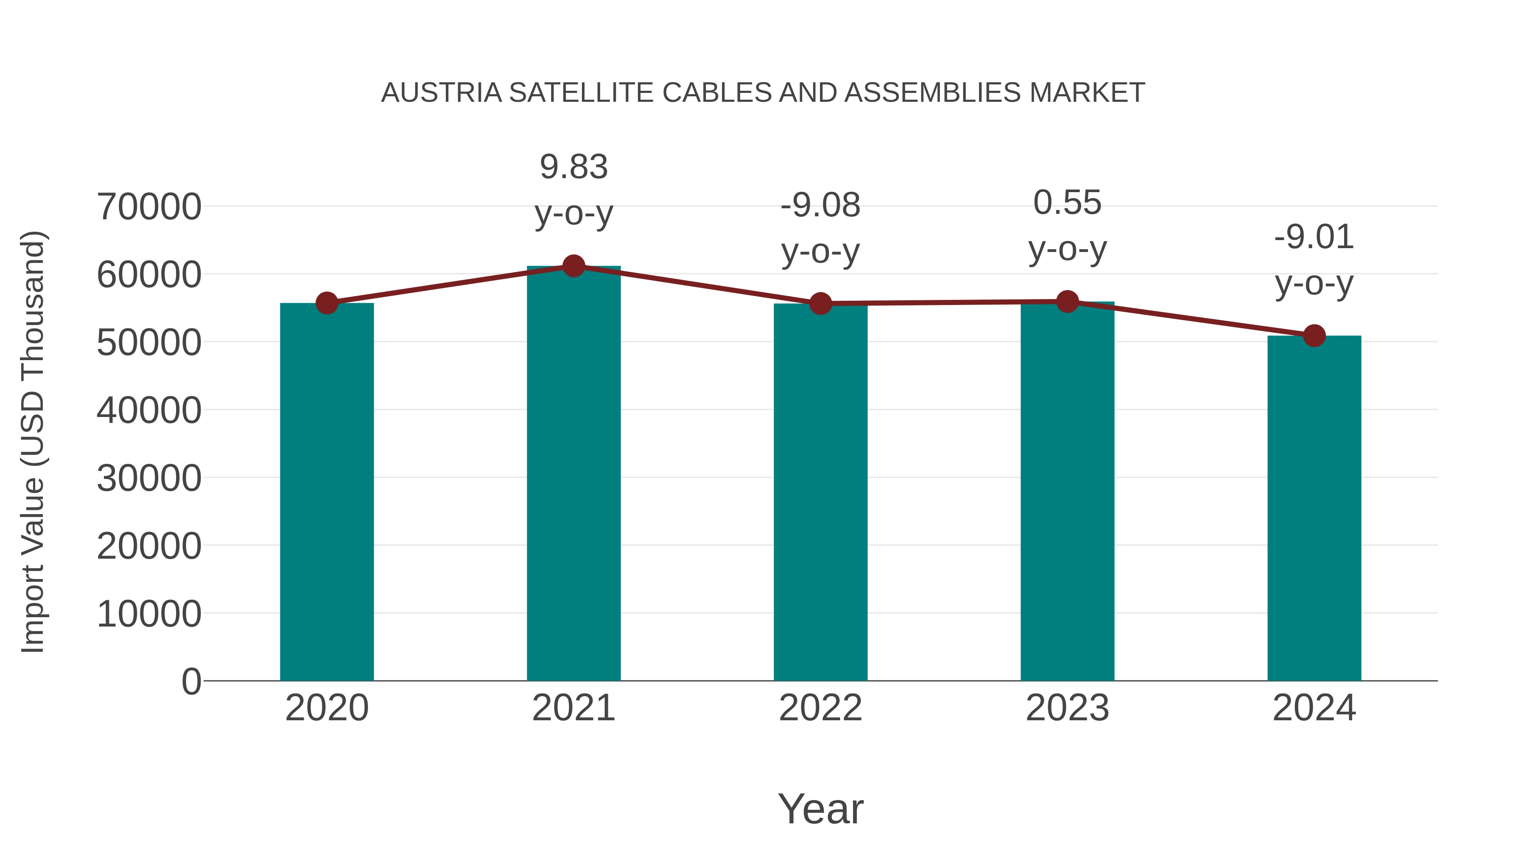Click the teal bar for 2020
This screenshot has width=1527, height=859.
[327, 492]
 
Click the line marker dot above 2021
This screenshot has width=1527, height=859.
[573, 266]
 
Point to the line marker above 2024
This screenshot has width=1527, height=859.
[1314, 336]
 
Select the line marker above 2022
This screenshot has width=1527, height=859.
[820, 304]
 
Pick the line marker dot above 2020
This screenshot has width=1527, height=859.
[327, 303]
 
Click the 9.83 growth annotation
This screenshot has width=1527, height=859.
[573, 167]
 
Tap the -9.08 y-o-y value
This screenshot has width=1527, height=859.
[820, 205]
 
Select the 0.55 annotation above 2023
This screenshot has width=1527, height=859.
[1067, 203]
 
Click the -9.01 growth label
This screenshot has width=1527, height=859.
[1314, 237]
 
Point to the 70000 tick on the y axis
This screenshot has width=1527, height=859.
[149, 207]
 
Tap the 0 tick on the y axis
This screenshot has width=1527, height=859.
[191, 681]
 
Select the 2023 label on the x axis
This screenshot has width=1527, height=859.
[1067, 708]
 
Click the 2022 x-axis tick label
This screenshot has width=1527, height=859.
[820, 708]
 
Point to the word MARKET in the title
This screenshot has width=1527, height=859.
[1087, 93]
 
